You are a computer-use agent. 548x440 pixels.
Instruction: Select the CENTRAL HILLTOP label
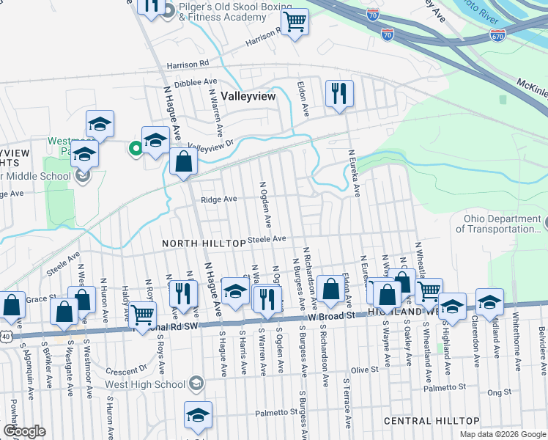pos(432,421)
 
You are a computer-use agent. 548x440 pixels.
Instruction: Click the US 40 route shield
pos(6,335)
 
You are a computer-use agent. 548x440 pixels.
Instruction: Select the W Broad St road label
pos(331,315)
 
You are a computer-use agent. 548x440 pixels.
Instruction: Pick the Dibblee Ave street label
pos(197,82)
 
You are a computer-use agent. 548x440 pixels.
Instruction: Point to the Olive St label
pos(364,370)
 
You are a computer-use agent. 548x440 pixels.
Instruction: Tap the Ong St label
pos(499,393)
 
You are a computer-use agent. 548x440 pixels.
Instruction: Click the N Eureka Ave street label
pos(354,174)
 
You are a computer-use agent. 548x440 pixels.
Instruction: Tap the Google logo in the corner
pos(24,432)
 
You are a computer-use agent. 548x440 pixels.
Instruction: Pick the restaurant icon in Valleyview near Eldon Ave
pos(338,93)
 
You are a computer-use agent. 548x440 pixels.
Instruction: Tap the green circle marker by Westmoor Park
pos(135,149)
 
